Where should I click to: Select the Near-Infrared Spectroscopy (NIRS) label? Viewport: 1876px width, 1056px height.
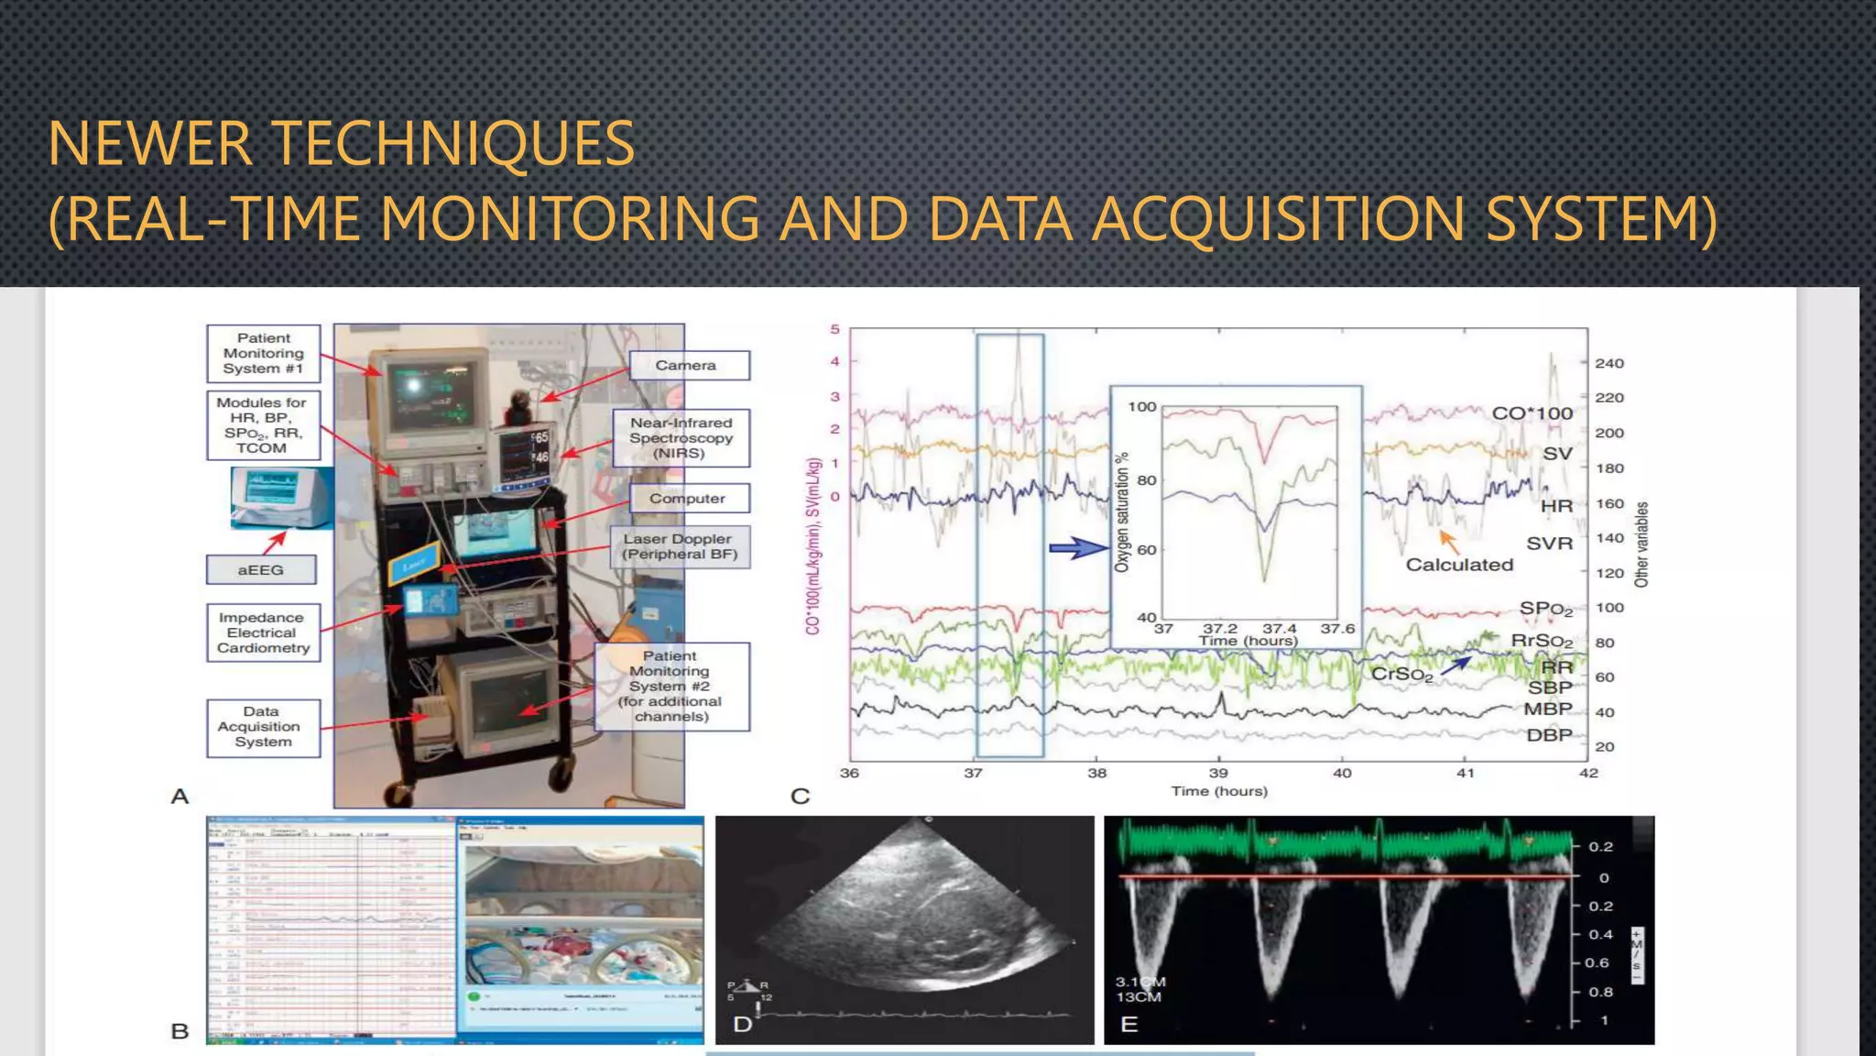tap(681, 437)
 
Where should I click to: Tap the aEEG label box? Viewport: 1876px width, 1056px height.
tap(261, 569)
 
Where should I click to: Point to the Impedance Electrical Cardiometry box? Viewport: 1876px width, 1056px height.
tap(263, 632)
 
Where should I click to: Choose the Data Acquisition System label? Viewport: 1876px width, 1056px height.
tap(263, 727)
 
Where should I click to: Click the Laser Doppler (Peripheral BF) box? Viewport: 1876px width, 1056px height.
tap(680, 546)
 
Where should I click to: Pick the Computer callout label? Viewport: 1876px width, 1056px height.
tap(689, 498)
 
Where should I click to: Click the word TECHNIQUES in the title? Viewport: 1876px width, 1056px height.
tap(453, 144)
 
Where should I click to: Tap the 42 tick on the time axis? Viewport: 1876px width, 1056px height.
tap(1587, 773)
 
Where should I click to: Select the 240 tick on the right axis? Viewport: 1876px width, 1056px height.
tap(1609, 363)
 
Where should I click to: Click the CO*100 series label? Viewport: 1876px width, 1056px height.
tap(1532, 413)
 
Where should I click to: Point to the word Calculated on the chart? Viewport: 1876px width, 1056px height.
tap(1459, 565)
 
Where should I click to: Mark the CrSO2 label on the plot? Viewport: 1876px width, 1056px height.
tap(1402, 675)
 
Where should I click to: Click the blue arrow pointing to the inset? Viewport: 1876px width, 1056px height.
tap(1078, 548)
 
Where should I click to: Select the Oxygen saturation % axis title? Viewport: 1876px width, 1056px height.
tap(1121, 511)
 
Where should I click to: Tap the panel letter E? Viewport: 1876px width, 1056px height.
tap(1129, 1024)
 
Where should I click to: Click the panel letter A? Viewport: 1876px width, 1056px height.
tap(180, 796)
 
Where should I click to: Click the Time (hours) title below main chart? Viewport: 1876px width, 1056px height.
tap(1218, 791)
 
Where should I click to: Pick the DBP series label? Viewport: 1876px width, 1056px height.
tap(1548, 735)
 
